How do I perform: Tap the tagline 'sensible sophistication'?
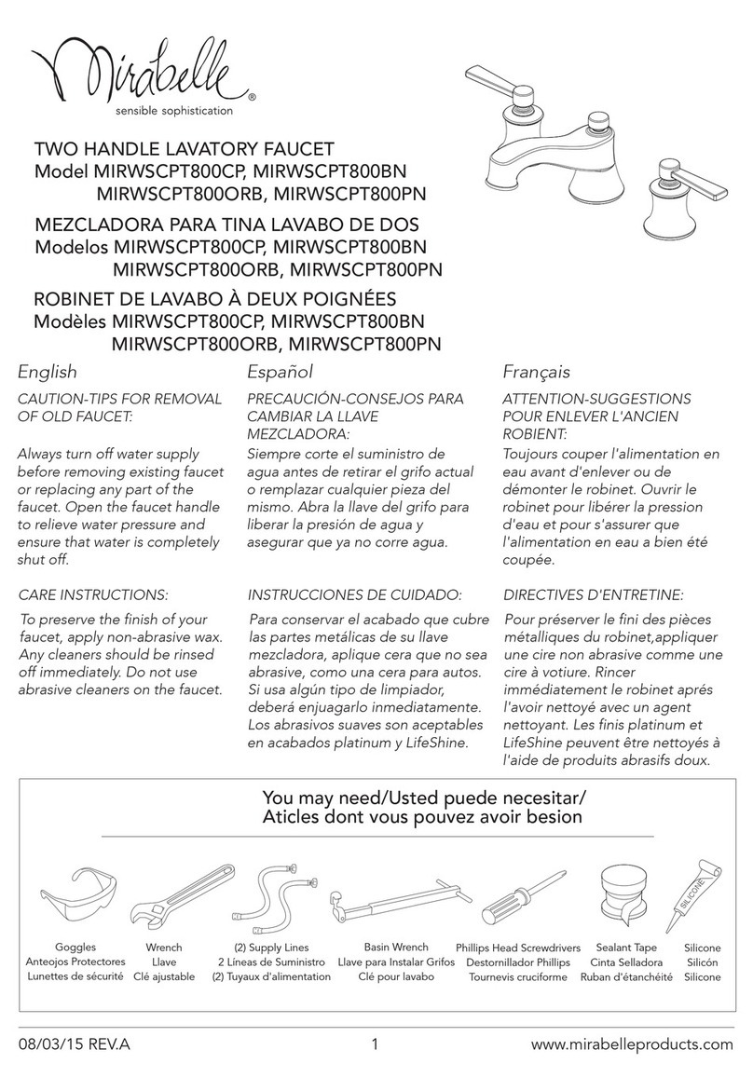(173, 110)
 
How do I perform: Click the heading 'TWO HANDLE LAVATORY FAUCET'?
(184, 149)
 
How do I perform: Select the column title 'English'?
(48, 373)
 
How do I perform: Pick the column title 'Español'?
(280, 373)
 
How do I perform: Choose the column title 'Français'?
(536, 373)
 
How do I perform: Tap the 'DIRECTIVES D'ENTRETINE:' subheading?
(594, 593)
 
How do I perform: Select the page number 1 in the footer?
(375, 1044)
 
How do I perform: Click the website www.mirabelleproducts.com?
(632, 1044)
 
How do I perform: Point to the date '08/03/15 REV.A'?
(75, 1044)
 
